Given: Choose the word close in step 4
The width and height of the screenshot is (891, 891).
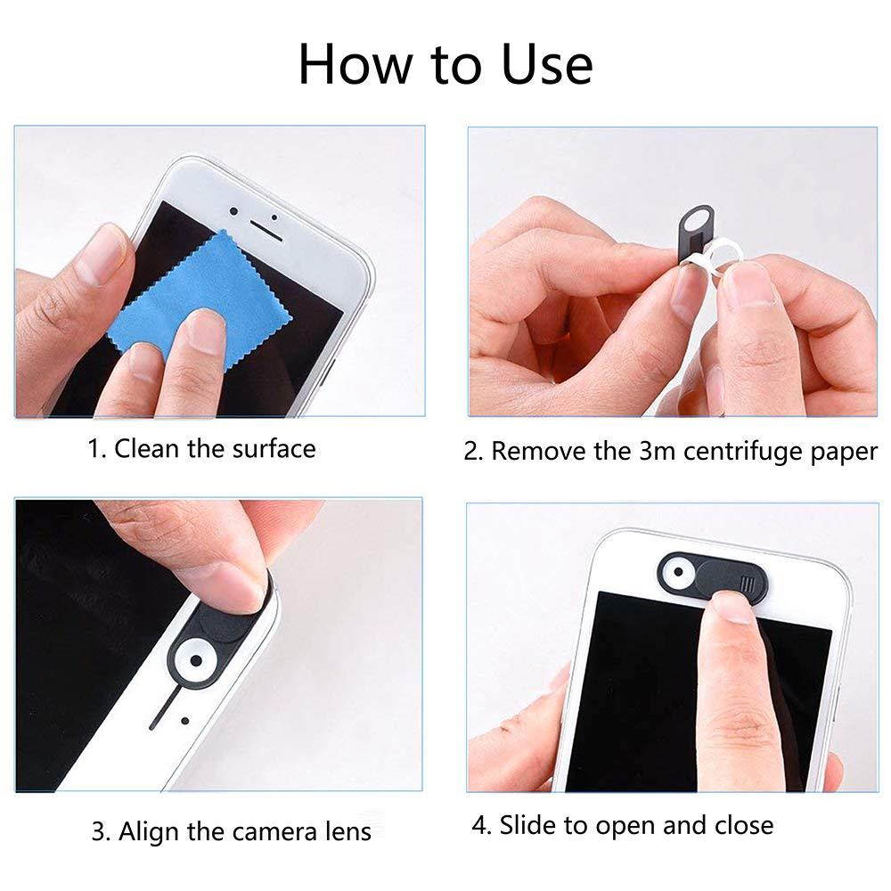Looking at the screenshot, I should tap(743, 825).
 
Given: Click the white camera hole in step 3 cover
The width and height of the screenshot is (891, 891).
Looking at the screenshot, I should tap(192, 661).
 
